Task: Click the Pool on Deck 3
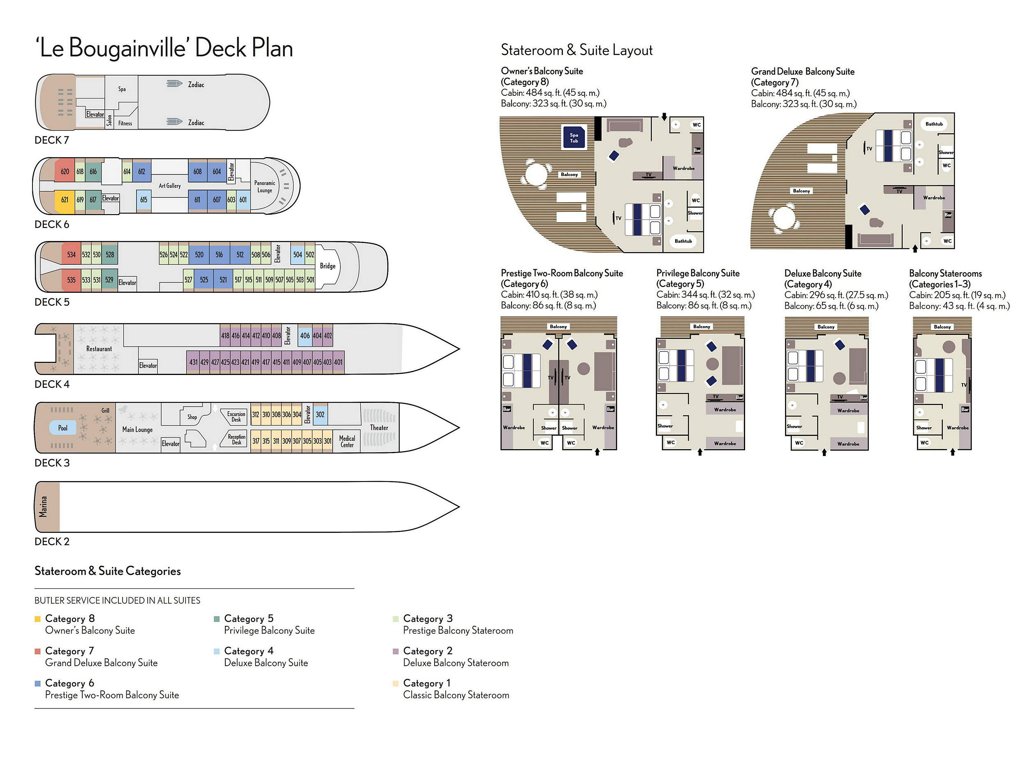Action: coord(63,428)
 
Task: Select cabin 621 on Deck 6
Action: coord(65,200)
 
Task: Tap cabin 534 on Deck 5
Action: coord(71,255)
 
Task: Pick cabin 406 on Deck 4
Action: coord(305,336)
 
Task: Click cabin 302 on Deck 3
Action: coord(320,414)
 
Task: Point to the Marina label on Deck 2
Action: coord(43,507)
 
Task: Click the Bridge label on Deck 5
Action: coord(328,266)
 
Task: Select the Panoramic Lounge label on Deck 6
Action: coord(264,186)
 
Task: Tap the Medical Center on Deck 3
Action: coord(347,442)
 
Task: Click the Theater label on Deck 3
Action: coord(379,428)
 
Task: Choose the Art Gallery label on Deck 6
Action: coord(170,186)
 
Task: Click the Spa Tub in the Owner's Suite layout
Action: coord(574,138)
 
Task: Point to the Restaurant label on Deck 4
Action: coord(99,349)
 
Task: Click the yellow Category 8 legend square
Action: coord(38,619)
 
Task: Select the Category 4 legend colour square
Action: coord(217,651)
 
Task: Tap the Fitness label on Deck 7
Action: coord(125,123)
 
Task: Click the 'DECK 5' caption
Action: coord(52,302)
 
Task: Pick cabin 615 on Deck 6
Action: coord(144,200)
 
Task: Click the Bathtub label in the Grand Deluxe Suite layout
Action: coord(934,124)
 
